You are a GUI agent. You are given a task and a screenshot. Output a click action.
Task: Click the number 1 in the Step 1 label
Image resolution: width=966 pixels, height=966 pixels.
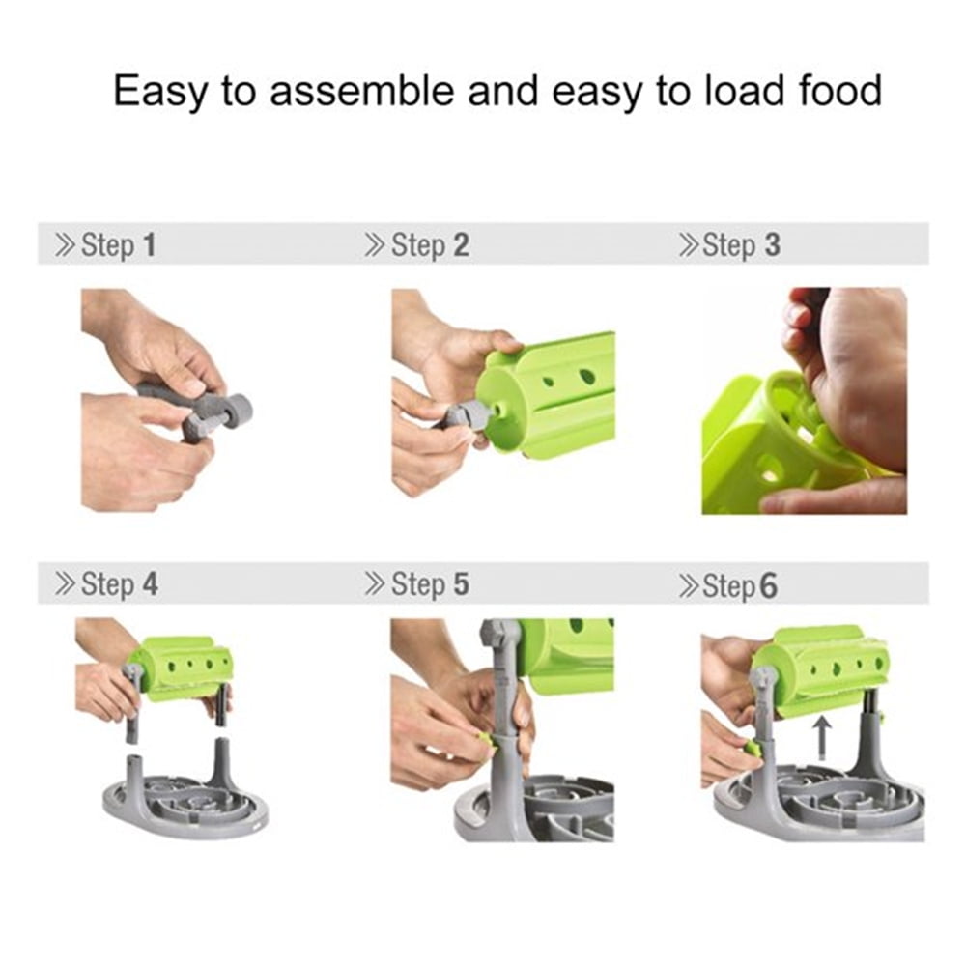[149, 244]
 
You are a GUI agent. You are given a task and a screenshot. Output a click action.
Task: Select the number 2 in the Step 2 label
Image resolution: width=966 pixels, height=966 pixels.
[462, 244]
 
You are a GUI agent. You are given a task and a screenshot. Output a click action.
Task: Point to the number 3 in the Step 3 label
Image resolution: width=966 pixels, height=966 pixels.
[773, 244]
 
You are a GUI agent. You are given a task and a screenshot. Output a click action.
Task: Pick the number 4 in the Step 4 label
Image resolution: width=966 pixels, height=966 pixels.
[151, 584]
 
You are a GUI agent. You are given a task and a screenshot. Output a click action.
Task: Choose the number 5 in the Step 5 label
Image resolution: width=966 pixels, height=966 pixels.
[462, 584]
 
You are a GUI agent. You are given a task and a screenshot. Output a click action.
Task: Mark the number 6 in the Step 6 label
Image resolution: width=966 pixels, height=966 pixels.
[768, 585]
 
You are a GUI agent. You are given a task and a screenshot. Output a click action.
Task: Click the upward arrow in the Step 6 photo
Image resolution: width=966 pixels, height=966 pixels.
[821, 740]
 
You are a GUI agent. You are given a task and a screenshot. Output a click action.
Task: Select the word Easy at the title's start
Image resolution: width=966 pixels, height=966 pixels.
[160, 93]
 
